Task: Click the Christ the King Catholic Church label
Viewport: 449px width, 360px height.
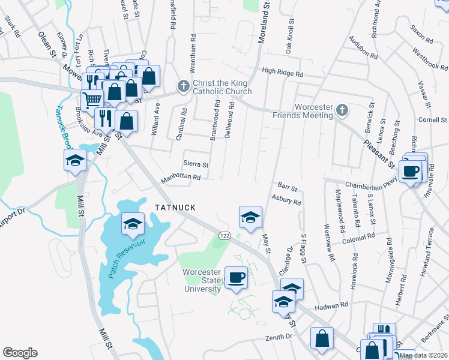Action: tap(221, 87)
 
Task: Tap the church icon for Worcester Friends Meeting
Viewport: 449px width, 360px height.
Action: tap(342, 110)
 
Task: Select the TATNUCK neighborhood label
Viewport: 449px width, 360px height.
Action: tap(175, 207)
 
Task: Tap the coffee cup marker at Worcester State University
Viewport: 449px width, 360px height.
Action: tap(237, 278)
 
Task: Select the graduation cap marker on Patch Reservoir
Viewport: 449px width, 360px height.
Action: tap(133, 224)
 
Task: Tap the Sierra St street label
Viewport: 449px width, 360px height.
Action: tap(196, 164)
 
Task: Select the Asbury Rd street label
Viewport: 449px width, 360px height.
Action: tap(286, 200)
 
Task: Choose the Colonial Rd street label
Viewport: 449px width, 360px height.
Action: tap(358, 238)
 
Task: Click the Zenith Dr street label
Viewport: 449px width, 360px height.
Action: tap(279, 338)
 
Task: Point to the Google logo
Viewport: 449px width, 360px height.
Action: tap(20, 353)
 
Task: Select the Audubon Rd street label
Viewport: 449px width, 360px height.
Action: tap(363, 49)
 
